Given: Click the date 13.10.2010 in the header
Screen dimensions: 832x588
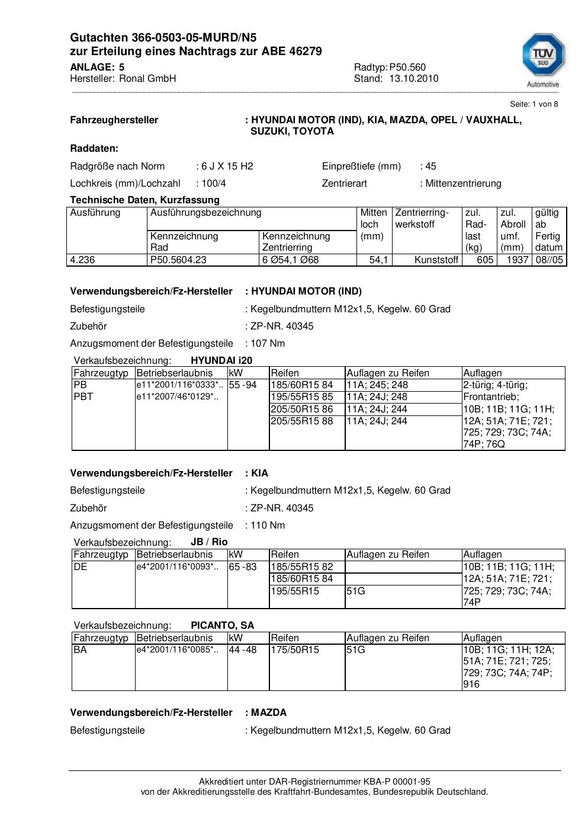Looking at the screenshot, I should [413, 78].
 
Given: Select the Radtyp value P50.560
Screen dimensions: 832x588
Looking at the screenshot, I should [407, 67].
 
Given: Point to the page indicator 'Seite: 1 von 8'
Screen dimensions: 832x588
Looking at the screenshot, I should [534, 104].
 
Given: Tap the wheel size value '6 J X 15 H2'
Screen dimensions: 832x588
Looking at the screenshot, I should [227, 166].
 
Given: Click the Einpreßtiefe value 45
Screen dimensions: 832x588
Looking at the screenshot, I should [430, 166].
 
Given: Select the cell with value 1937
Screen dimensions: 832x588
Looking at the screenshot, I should [517, 260].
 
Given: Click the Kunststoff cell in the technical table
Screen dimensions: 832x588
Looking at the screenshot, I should [436, 260].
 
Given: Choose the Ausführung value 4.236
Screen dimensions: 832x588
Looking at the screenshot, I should [83, 260].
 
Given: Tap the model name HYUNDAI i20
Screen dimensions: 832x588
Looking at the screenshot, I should [221, 360].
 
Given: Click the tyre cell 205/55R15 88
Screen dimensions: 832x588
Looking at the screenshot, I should [302, 421].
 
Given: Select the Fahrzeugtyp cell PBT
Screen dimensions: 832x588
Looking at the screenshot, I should [83, 396].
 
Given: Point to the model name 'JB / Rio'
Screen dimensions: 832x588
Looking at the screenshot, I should [209, 542].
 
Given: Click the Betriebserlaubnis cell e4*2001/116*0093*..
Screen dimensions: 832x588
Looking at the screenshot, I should [177, 567].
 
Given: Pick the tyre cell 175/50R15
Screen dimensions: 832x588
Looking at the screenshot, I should [295, 650].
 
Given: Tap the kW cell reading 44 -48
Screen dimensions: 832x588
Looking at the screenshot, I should [243, 650].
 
